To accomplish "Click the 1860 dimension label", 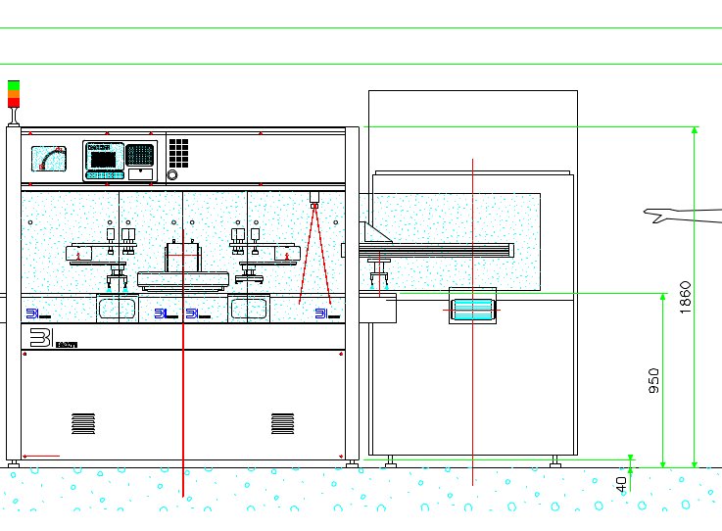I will click(686, 297).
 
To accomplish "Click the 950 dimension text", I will click(653, 381).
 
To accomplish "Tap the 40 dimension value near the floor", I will click(621, 483).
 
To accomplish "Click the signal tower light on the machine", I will click(14, 94).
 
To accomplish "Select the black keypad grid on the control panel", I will click(178, 152).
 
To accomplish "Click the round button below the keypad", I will click(173, 175).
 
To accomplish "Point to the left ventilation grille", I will click(83, 423).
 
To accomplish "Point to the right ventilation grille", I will click(282, 423).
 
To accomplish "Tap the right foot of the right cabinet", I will click(554, 460).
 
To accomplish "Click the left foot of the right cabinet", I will click(390, 460).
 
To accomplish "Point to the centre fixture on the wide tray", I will click(183, 259).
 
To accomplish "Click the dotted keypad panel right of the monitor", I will click(140, 154).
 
